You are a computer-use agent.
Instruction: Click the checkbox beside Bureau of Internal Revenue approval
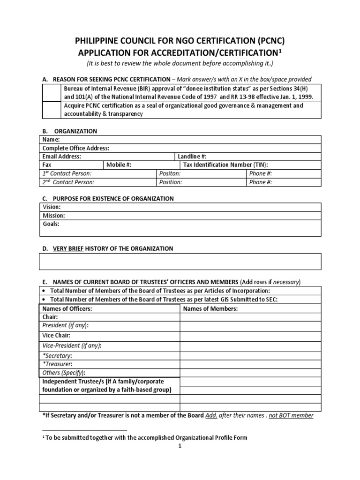pyautogui.click(x=51, y=93)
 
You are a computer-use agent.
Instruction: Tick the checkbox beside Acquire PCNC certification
pyautogui.click(x=51, y=110)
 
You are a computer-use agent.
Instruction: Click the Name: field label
pyautogui.click(x=51, y=140)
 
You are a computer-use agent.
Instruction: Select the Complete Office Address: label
pyautogui.click(x=75, y=148)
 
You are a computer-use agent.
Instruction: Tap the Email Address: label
pyautogui.click(x=62, y=157)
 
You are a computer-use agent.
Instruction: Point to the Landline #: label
pyautogui.click(x=192, y=157)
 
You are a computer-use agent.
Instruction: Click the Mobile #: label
pyautogui.click(x=119, y=165)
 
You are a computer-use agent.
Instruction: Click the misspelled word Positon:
pyautogui.click(x=170, y=173)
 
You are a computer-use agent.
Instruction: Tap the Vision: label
pyautogui.click(x=52, y=207)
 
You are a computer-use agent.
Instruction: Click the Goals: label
pyautogui.click(x=51, y=224)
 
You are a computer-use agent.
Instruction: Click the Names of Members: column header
pyautogui.click(x=210, y=308)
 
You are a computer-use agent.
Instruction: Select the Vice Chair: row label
pyautogui.click(x=56, y=336)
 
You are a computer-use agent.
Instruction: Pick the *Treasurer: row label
pyautogui.click(x=58, y=364)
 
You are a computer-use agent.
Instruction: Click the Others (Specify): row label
pyautogui.click(x=64, y=373)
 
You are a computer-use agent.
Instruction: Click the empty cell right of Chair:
pyautogui.click(x=251, y=317)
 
